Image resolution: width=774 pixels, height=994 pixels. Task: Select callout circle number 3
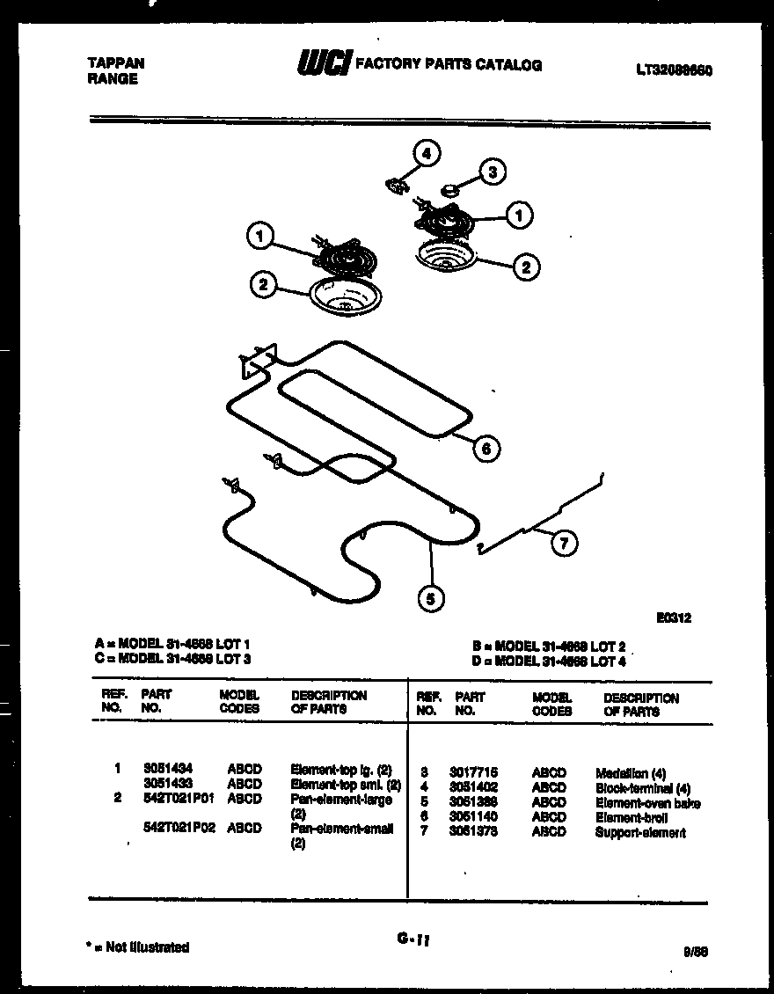coord(492,172)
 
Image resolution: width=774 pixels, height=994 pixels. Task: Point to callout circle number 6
coord(486,449)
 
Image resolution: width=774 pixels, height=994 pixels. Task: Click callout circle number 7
coord(564,544)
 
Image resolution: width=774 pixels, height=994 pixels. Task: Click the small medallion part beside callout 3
coord(451,187)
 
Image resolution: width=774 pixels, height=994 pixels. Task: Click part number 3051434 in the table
coord(168,769)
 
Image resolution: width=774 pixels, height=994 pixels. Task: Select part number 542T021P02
coord(179,829)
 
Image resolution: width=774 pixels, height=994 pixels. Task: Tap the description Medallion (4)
coord(631,774)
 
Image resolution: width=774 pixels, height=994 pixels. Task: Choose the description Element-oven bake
coord(647,803)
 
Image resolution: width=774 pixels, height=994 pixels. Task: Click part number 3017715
coord(473,773)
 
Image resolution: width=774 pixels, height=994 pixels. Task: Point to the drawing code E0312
coord(674,618)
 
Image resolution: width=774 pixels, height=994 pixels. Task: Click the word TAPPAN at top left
coord(116,63)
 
